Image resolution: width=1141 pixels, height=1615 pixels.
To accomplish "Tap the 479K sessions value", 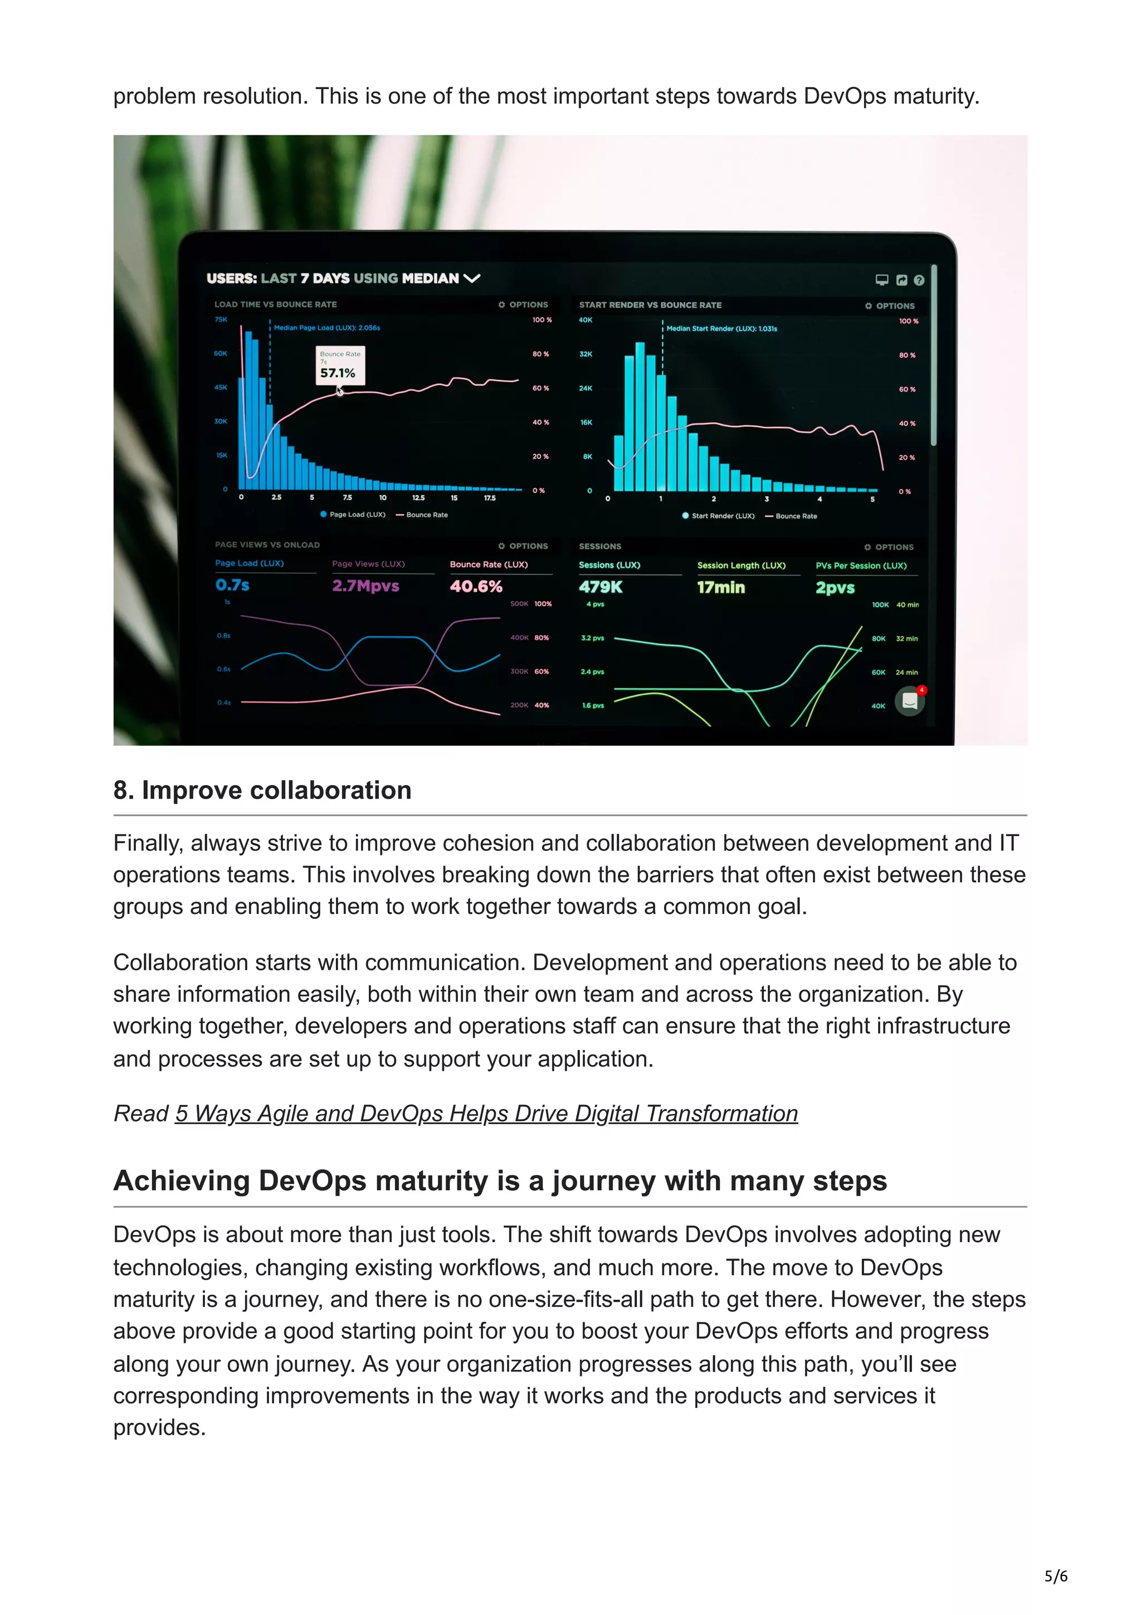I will point(601,587).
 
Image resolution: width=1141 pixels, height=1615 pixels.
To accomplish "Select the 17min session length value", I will point(720,587).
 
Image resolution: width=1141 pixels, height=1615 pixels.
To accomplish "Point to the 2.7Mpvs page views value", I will point(365,586).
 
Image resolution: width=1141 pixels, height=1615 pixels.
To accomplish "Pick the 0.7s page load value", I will point(232,585).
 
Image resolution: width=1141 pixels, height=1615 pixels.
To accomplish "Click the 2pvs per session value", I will point(835,588).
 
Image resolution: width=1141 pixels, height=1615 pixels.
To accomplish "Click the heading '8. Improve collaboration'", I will point(262,791).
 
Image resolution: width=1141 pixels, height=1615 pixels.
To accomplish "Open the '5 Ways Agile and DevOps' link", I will point(486,1113).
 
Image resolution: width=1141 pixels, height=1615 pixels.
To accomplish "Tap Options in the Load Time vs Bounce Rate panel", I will point(523,305).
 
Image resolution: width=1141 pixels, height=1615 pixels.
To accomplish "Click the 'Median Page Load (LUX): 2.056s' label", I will point(327,328).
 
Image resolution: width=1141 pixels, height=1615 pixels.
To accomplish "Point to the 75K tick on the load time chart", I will point(221,319).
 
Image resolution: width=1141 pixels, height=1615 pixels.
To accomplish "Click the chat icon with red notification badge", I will point(910,701).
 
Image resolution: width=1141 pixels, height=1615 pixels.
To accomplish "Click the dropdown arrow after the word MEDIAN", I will point(472,279).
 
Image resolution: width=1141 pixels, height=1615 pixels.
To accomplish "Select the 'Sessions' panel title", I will point(599,547).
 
